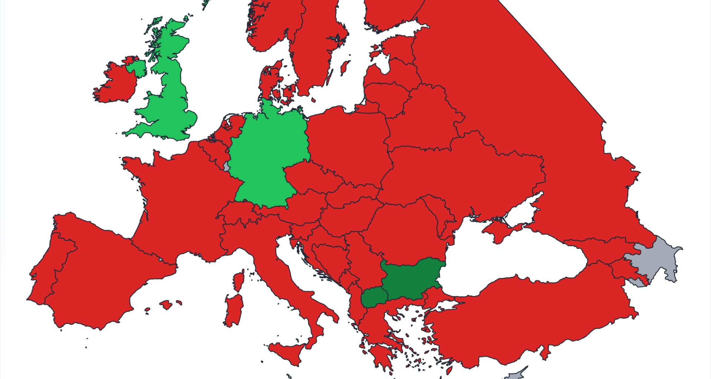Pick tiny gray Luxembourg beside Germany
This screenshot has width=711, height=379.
coord(226,165)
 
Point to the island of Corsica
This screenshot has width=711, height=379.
coord(239,281)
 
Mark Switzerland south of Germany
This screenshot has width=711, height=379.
coord(237,215)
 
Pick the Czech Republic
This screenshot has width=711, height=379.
coord(311,178)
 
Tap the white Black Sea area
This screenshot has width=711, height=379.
coord(518,259)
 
